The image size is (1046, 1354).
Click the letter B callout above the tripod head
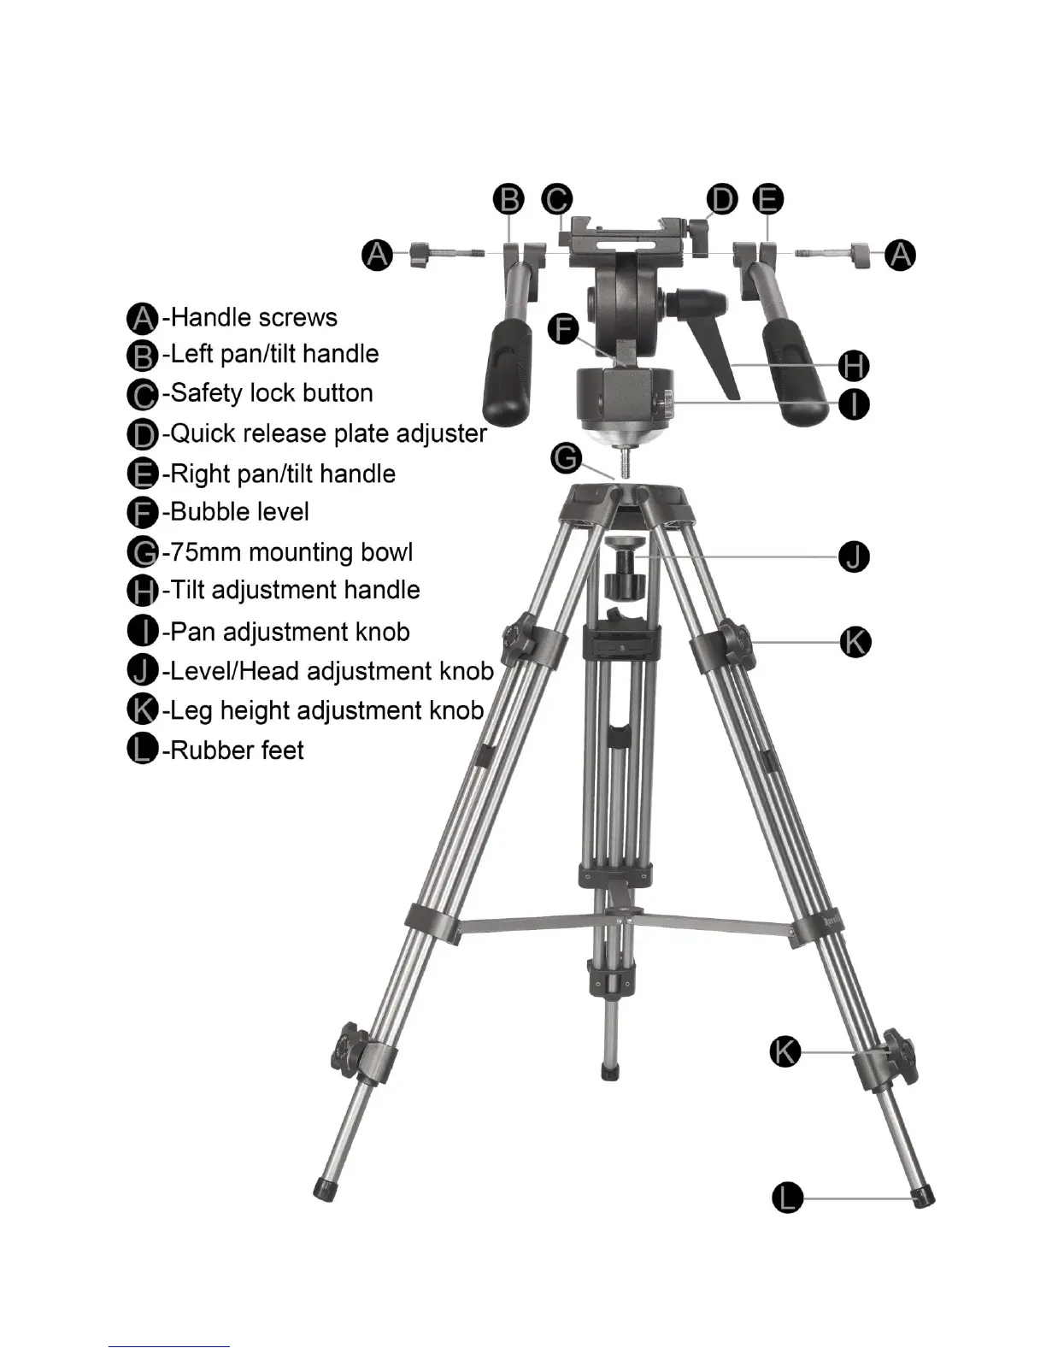[509, 200]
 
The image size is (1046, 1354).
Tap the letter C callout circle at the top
[557, 200]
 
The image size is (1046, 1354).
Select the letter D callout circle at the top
[722, 200]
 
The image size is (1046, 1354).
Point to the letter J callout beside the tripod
[854, 556]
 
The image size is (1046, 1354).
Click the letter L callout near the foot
[788, 1197]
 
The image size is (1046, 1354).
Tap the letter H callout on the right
[854, 366]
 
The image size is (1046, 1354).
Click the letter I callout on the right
[854, 403]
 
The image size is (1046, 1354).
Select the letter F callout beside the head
[563, 329]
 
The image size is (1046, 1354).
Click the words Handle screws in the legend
[255, 318]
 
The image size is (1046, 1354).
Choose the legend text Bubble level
[240, 512]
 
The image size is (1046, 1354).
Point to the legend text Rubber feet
[238, 751]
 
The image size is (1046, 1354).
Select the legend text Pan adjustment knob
[291, 633]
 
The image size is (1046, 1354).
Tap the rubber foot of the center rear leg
[609, 1072]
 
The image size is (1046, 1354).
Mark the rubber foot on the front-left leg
[324, 1188]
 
